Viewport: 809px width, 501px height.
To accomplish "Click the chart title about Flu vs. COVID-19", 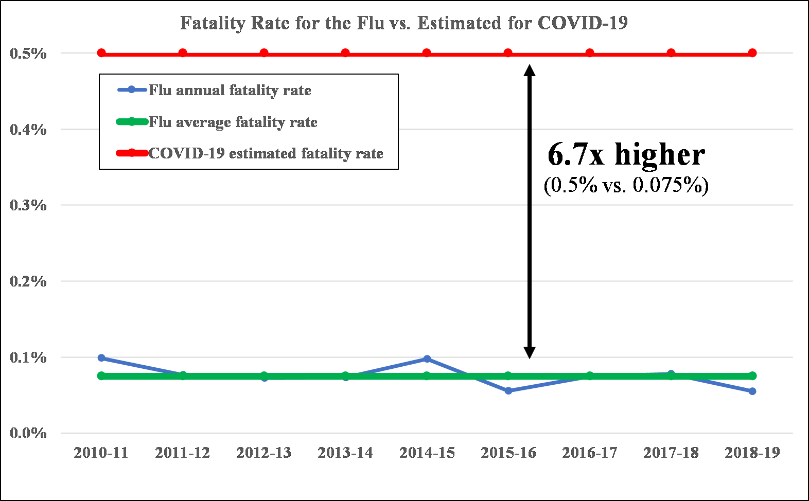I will (x=404, y=23).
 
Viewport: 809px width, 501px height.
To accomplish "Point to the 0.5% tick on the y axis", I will (x=28, y=53).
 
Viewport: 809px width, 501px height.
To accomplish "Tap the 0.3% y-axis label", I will (x=28, y=205).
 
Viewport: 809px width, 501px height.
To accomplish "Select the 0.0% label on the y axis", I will (x=28, y=433).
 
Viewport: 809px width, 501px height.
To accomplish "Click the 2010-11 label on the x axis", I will (x=101, y=453).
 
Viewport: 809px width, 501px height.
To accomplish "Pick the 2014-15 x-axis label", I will (x=427, y=453).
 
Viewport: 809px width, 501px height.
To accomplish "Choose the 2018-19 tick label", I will (x=752, y=453).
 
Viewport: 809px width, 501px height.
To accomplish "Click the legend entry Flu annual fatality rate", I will (x=230, y=91).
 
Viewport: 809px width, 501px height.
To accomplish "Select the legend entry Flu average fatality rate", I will (x=233, y=122).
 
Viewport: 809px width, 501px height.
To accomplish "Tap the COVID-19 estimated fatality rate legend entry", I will (x=266, y=153).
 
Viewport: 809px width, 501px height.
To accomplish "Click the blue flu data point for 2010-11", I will (x=101, y=357).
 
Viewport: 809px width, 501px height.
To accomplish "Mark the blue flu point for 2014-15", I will (x=427, y=359).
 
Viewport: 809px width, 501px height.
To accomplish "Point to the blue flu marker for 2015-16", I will (x=508, y=391).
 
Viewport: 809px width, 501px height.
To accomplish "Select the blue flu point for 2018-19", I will (x=752, y=391).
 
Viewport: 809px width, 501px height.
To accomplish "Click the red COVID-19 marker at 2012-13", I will (x=264, y=53).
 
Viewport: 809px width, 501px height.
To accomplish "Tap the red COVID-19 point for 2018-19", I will (x=752, y=53).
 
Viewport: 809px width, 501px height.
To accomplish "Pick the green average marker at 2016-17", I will (x=590, y=376).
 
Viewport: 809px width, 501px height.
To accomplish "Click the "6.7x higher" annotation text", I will (x=626, y=154).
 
